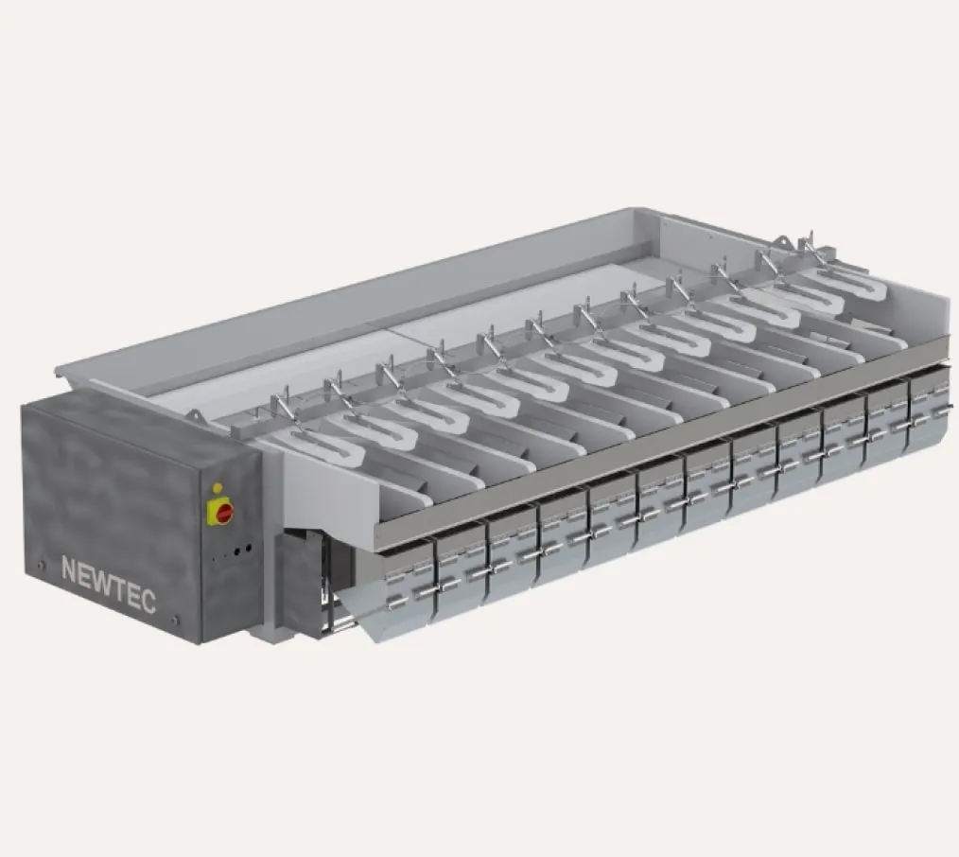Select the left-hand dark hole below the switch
pyautogui.click(x=235, y=549)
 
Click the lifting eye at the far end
pyautogui.click(x=784, y=244)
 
